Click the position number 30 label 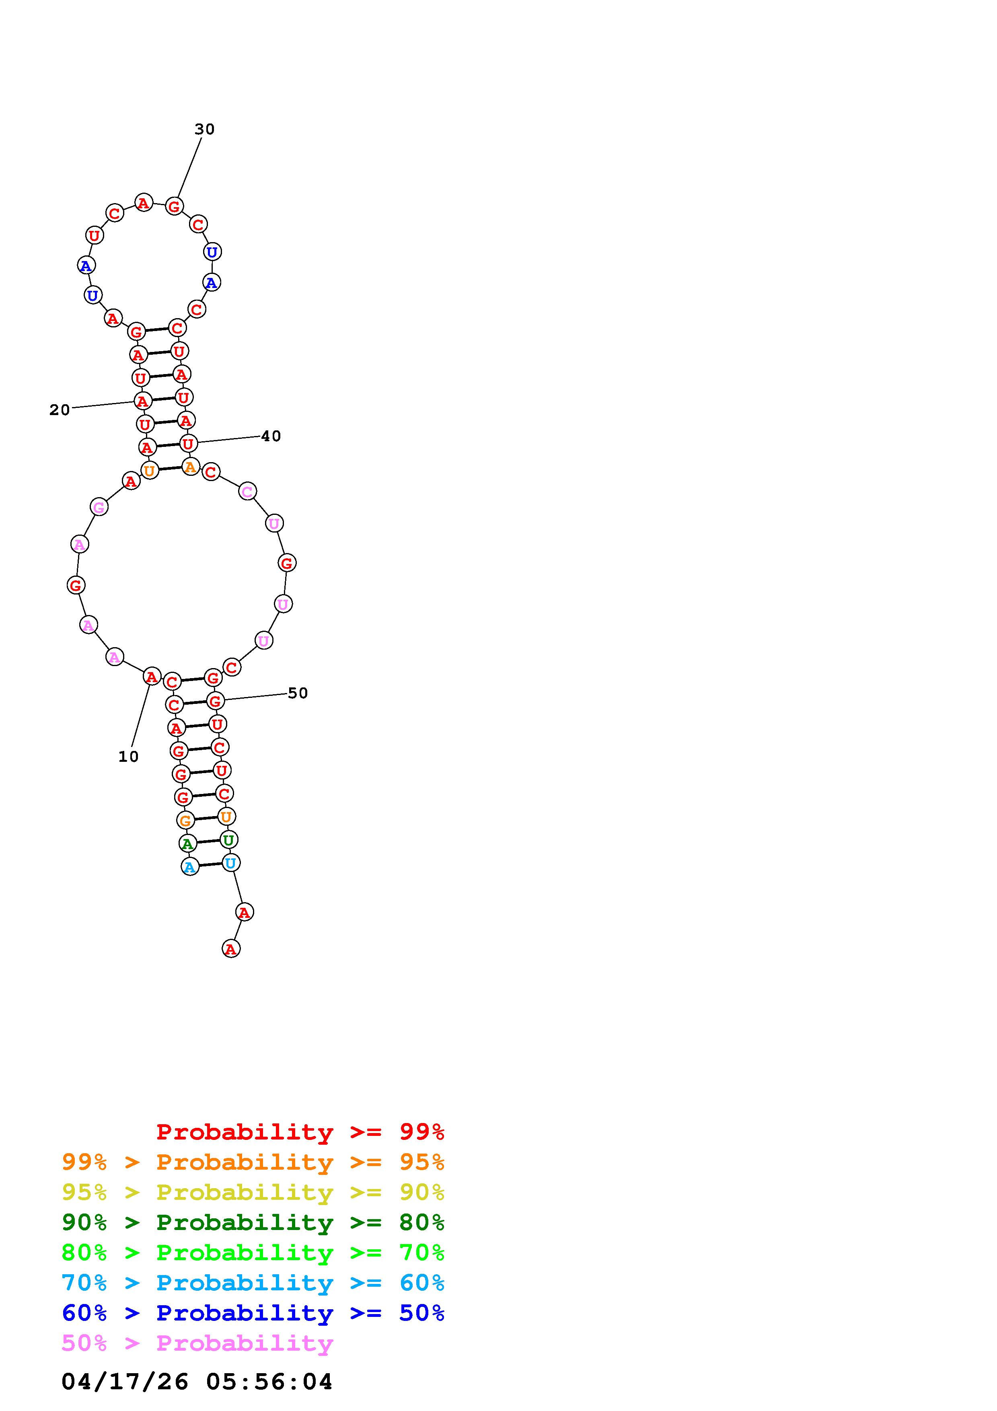pyautogui.click(x=205, y=129)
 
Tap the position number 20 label pyautogui.click(x=60, y=410)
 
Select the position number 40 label pyautogui.click(x=271, y=436)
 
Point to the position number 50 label pyautogui.click(x=298, y=693)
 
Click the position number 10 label pyautogui.click(x=128, y=757)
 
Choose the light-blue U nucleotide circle pyautogui.click(x=230, y=863)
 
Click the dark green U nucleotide pyautogui.click(x=228, y=839)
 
